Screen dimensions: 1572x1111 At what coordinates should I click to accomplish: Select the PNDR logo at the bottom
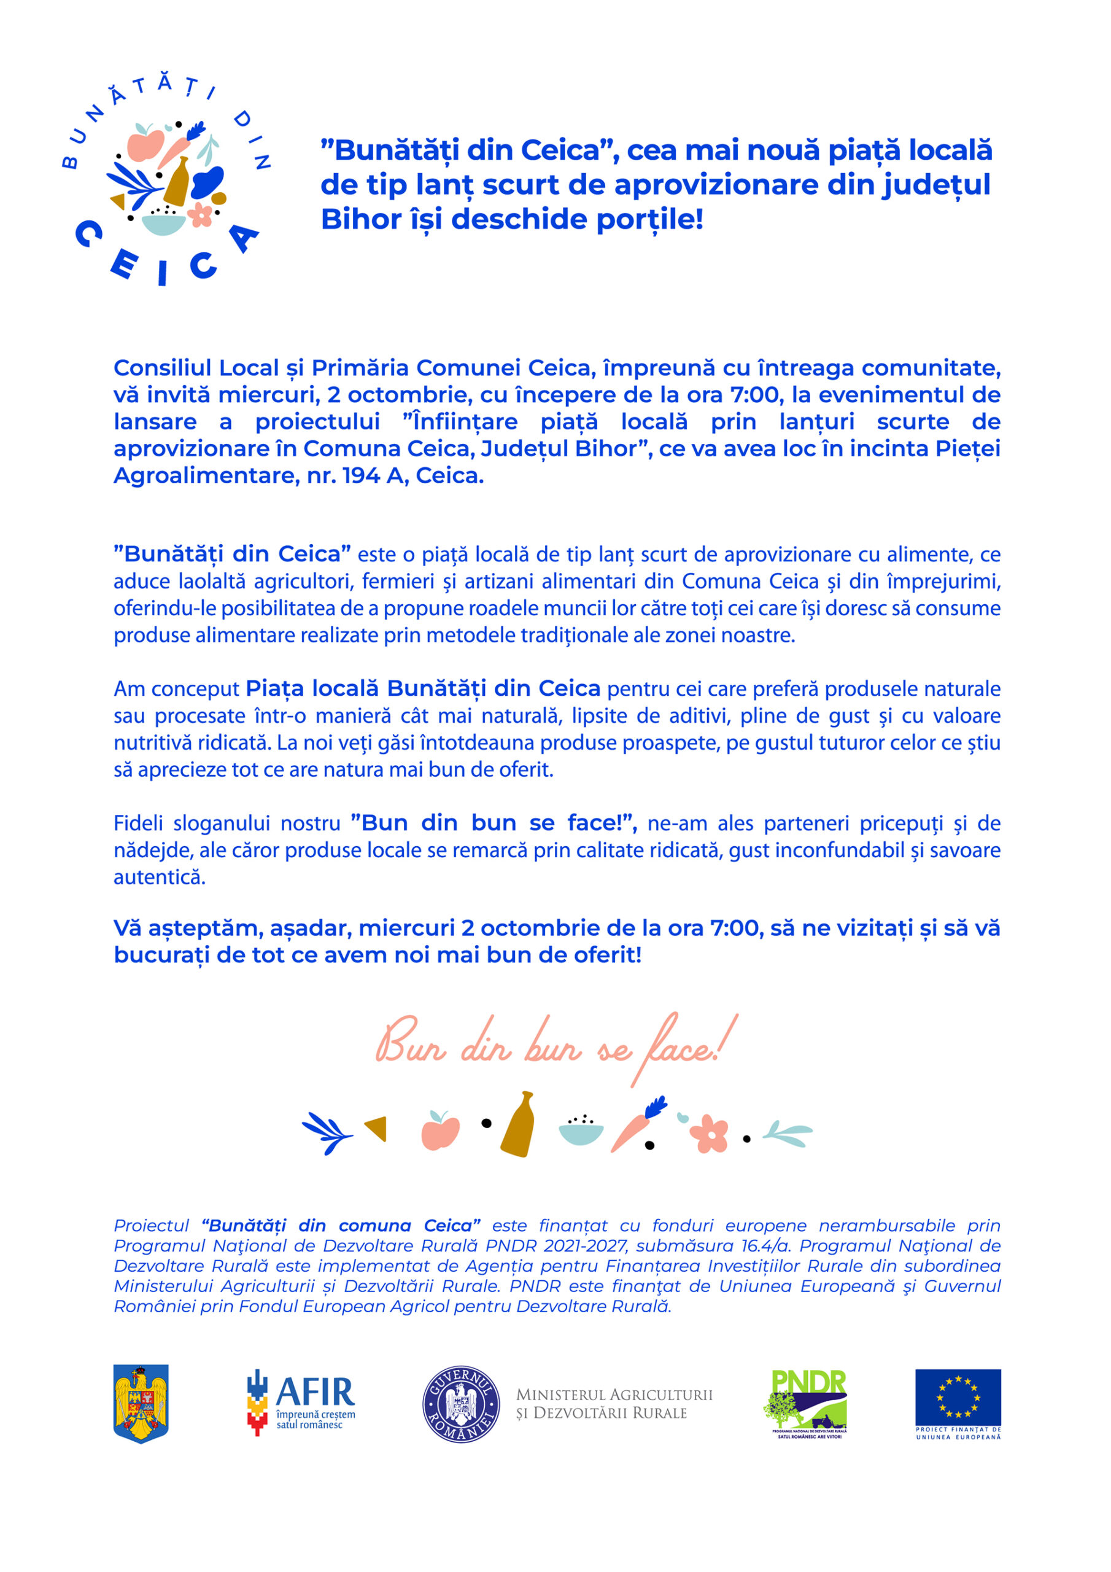coord(805,1402)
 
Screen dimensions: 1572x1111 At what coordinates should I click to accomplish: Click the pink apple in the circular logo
coord(145,144)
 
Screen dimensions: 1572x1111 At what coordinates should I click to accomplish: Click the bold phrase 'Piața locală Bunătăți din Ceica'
coord(422,688)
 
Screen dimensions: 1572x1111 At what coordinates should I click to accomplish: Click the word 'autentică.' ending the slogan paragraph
coord(160,877)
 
